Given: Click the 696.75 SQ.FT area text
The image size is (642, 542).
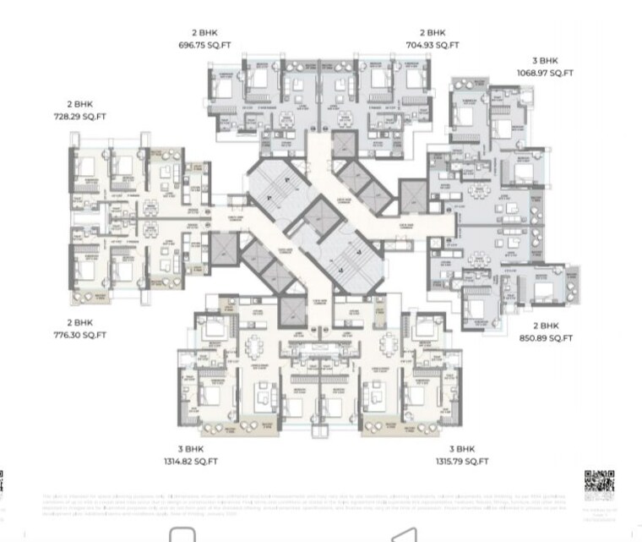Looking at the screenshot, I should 204,45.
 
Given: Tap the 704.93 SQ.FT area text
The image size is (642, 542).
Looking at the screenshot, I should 433,45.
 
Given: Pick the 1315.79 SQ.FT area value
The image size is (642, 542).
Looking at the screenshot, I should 462,462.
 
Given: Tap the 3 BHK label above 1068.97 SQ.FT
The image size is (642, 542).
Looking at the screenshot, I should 545,61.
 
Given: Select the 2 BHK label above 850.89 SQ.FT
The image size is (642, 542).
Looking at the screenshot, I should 546,326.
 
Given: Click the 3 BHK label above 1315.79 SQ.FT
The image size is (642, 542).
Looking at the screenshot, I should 462,449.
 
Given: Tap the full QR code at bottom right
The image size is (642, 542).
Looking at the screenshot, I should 599,485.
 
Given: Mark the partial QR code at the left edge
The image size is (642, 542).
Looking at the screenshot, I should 3,485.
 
